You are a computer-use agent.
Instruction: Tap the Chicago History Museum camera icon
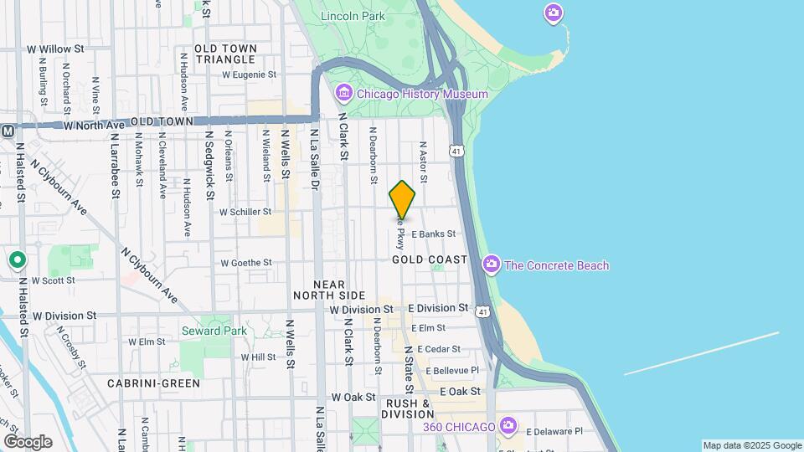tap(343, 93)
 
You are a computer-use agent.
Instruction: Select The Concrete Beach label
tap(557, 265)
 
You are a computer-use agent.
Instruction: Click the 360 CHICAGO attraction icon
tap(508, 426)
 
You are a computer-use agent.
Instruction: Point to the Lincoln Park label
tap(352, 16)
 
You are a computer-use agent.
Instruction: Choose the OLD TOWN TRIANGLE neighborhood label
tap(225, 54)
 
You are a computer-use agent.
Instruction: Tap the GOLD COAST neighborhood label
tap(429, 259)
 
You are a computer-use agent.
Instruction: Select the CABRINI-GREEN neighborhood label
tap(153, 383)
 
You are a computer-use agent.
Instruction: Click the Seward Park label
tap(214, 331)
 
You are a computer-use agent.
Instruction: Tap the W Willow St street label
tap(56, 49)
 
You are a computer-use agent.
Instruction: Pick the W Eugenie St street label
tap(249, 74)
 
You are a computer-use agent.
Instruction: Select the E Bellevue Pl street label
tap(451, 370)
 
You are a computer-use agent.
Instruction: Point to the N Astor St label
tap(423, 162)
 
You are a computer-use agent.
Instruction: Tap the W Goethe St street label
tap(246, 263)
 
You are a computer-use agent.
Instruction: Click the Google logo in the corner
tap(28, 441)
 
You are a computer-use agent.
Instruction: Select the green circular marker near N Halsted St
tap(17, 259)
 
